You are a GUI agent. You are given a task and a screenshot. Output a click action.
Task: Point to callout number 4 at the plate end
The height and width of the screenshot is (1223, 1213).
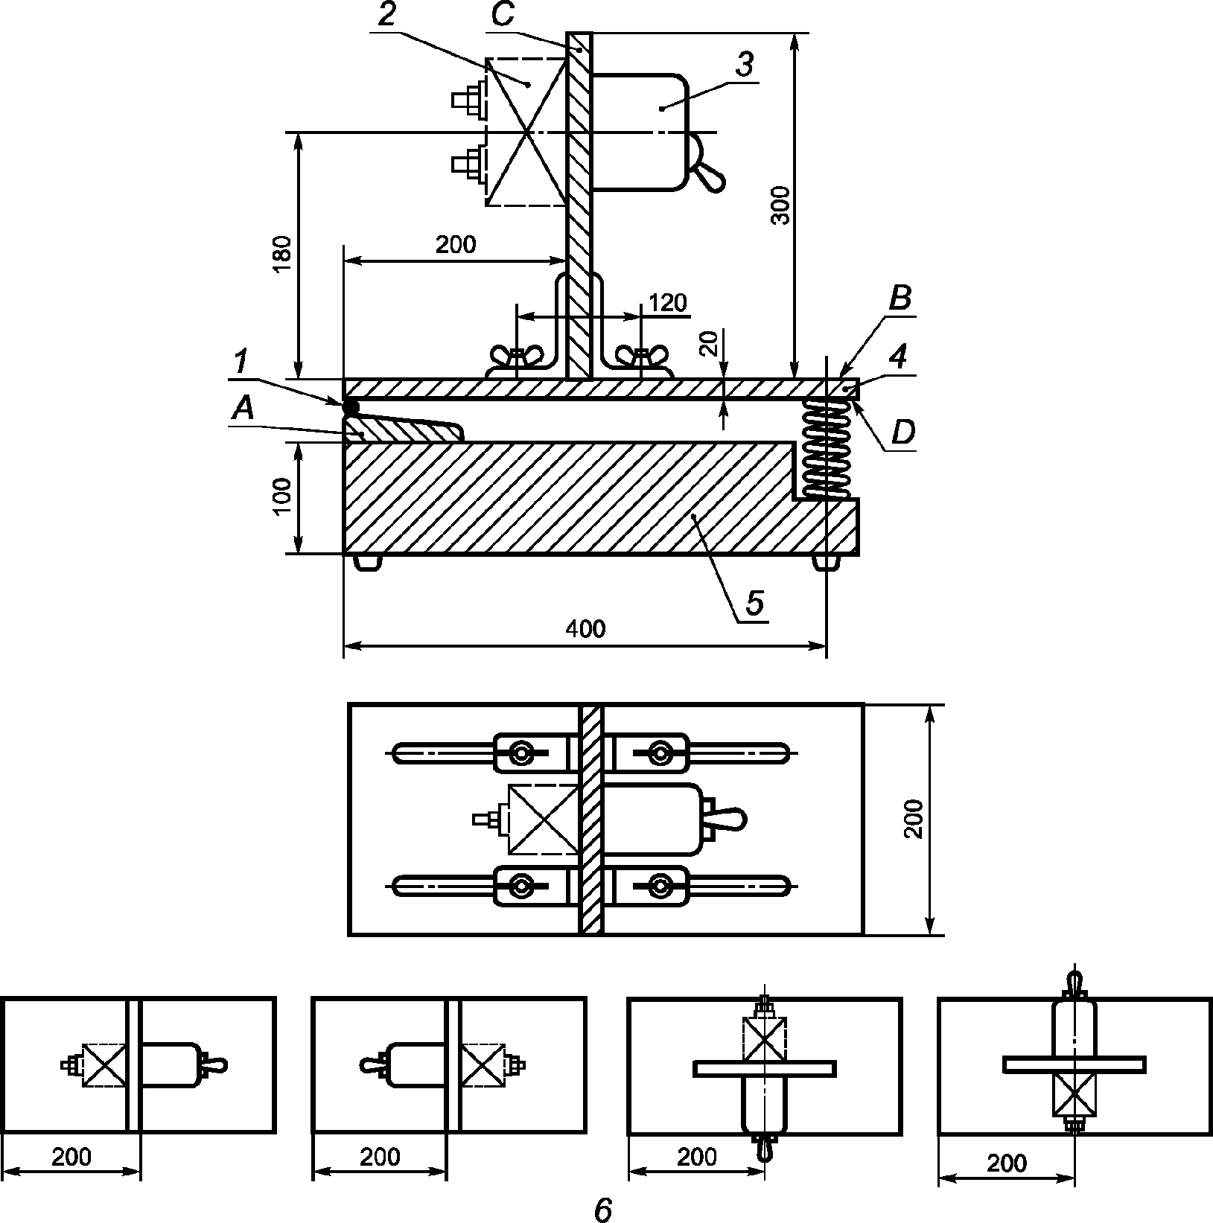(x=899, y=357)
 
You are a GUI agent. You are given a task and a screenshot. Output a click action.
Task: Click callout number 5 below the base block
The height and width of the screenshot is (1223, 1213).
(x=754, y=603)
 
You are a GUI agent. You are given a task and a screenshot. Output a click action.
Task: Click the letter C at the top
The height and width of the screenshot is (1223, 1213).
(x=503, y=16)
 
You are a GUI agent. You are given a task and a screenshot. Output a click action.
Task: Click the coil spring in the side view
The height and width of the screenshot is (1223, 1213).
(x=827, y=448)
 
